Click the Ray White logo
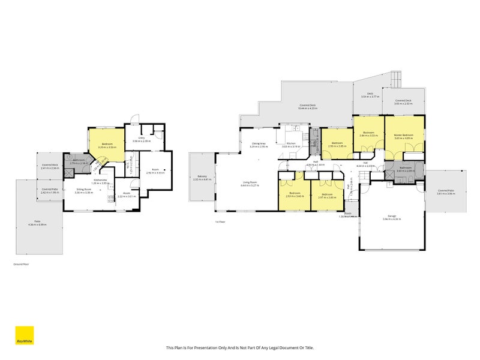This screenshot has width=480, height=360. coord(24,335)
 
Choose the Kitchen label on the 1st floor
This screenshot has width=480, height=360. coord(290,145)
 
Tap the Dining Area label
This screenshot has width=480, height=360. coord(259,145)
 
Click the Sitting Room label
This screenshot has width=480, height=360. coord(83,191)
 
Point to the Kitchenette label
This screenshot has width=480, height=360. coord(100,181)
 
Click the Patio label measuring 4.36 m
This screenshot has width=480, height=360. coord(38,223)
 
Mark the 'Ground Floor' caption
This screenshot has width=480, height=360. coord(21,264)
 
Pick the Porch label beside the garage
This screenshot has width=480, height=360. coord(349,215)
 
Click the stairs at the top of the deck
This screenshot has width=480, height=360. coord(395,78)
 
